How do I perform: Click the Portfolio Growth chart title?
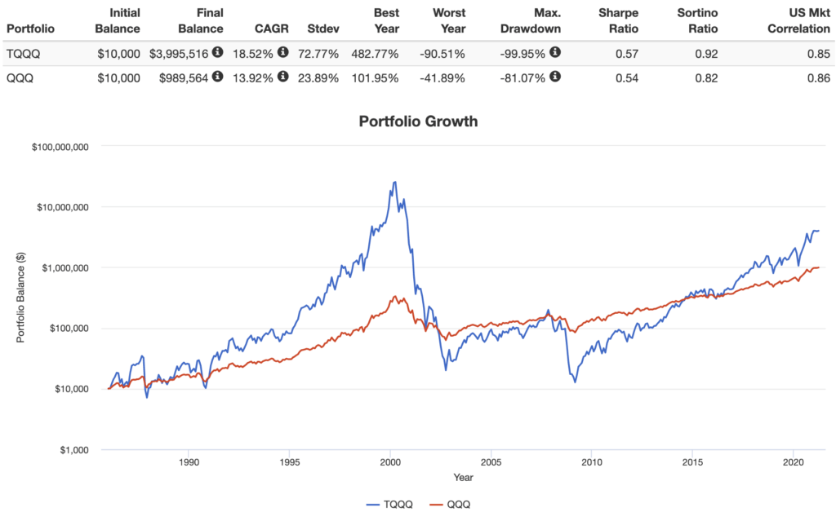(418, 121)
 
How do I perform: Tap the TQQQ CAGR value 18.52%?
(254, 53)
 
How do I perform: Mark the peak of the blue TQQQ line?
(395, 182)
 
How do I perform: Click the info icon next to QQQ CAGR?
(282, 77)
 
